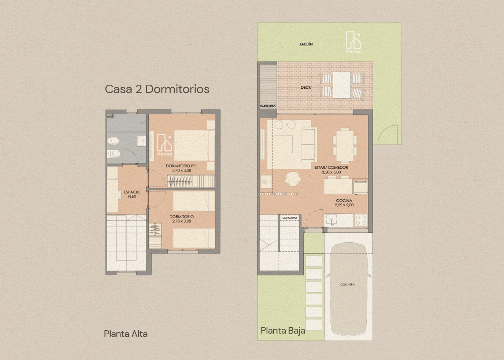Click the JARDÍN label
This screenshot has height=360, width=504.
tap(306, 44)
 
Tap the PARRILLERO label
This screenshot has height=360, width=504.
tap(268, 106)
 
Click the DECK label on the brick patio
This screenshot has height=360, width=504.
tap(306, 87)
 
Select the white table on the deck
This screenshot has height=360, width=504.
tap(341, 85)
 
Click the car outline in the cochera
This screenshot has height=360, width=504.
tap(348, 289)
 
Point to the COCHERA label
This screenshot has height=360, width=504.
tap(348, 285)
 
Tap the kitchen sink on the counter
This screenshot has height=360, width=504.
tap(331, 220)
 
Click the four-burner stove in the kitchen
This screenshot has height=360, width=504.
tap(361, 220)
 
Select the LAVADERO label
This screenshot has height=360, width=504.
tap(290, 218)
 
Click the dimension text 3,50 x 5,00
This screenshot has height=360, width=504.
tap(331, 172)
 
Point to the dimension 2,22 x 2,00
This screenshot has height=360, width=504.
tap(344, 205)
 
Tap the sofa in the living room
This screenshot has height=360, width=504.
tap(309, 144)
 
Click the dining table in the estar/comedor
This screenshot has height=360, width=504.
tap(345, 146)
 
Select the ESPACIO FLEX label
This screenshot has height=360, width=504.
tap(132, 194)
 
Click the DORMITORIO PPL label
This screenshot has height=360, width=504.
tap(182, 166)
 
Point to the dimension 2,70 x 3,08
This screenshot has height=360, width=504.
tap(182, 221)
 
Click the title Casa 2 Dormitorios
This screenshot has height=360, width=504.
tap(157, 89)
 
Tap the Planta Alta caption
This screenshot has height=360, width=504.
tap(126, 334)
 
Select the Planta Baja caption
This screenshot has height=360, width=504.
tap(283, 331)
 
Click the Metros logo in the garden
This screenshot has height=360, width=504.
tap(353, 42)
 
